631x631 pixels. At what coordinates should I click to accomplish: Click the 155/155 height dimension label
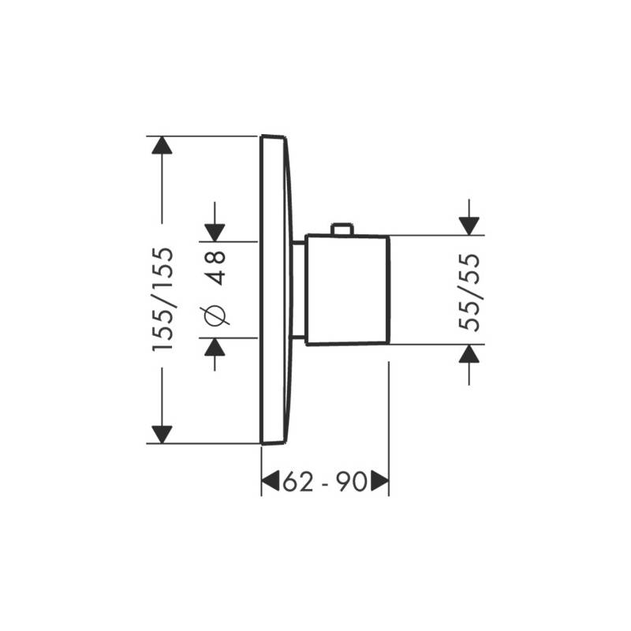(163, 300)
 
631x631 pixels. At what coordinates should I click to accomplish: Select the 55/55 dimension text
(469, 293)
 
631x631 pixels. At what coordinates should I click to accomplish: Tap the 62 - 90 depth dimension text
(325, 482)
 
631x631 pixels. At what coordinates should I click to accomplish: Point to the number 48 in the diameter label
(215, 267)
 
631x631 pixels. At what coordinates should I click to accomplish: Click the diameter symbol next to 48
(215, 314)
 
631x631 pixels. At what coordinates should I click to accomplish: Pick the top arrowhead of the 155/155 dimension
(162, 145)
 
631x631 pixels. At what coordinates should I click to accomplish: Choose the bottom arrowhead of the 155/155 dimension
(162, 435)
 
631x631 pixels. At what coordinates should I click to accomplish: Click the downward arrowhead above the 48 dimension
(215, 233)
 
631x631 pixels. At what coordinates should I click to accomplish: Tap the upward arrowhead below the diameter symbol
(215, 347)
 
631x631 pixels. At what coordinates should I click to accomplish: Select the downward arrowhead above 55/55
(469, 226)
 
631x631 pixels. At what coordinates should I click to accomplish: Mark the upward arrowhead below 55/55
(469, 353)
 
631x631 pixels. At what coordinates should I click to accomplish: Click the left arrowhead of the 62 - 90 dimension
(271, 480)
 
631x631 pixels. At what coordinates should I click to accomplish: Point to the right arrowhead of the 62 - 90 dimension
(379, 480)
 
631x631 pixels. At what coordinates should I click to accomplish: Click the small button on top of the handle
(342, 229)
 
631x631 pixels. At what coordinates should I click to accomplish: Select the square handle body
(347, 289)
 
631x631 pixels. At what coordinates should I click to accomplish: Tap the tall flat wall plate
(274, 289)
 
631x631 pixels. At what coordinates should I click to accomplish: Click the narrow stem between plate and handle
(298, 289)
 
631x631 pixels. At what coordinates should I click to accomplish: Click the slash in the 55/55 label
(469, 293)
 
